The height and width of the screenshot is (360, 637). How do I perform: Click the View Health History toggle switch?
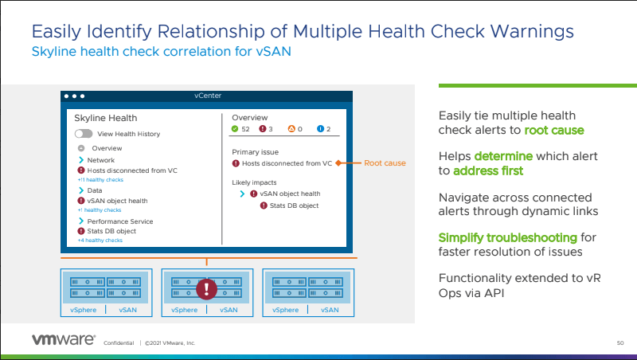[84, 134]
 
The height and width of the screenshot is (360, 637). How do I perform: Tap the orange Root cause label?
[385, 163]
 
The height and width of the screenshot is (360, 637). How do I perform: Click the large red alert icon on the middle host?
[206, 288]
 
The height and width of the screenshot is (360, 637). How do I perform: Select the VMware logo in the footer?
[64, 339]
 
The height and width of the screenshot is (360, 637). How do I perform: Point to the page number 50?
[619, 343]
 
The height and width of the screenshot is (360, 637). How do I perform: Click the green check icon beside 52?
[235, 129]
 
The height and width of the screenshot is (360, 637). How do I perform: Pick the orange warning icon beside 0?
[291, 129]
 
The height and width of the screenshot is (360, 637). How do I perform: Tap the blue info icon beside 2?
[320, 129]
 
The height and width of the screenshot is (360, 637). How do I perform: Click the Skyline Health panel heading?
[100, 118]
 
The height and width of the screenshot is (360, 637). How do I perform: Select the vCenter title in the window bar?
[207, 96]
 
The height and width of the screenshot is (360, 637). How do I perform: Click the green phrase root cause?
[554, 130]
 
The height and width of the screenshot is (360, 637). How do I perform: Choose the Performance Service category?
[120, 221]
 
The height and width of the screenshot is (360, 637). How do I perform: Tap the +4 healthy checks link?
[100, 240]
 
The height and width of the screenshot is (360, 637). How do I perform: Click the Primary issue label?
[255, 151]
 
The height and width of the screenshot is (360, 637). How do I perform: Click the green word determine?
[503, 156]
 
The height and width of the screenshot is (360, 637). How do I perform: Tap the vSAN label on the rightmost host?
[330, 310]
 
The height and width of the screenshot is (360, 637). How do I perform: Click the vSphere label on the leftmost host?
[84, 310]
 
